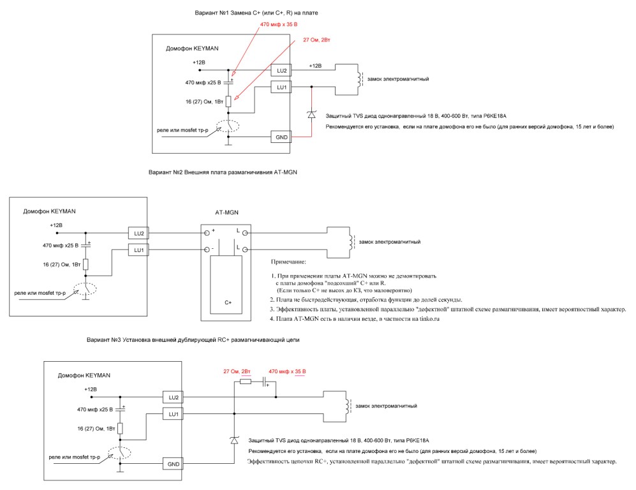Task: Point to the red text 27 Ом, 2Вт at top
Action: coord(316,40)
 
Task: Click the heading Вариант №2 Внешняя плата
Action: coord(223,172)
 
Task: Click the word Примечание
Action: coord(288,262)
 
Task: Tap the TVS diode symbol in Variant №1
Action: coord(311,114)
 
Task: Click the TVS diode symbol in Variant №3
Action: coord(233,440)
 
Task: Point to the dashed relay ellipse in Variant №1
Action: coord(228,126)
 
